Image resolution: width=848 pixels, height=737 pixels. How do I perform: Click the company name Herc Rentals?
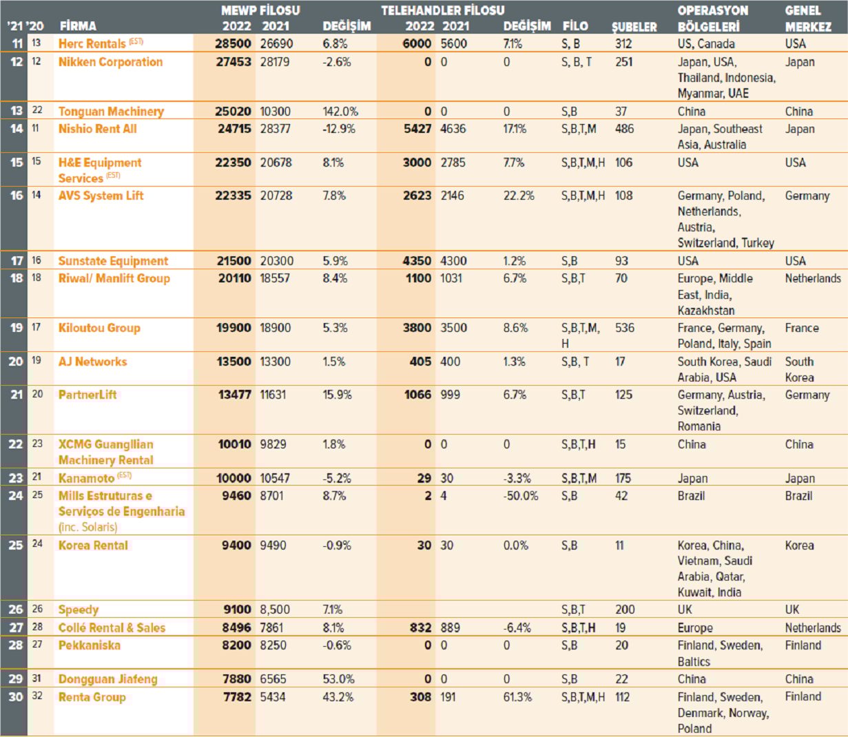click(92, 43)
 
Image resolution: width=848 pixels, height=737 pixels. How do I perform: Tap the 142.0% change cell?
click(340, 111)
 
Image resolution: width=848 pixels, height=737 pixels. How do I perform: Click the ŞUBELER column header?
click(634, 27)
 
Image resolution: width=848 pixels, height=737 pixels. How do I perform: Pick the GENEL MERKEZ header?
click(807, 19)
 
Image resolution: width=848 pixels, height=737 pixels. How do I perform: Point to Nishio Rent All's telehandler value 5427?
click(417, 129)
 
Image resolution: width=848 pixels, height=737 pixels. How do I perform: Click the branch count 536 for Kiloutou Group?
click(624, 328)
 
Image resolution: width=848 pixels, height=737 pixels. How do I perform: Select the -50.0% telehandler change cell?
click(521, 496)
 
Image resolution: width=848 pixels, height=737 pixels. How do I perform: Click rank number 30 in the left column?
click(16, 697)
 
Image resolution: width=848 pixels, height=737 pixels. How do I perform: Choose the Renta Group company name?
click(92, 697)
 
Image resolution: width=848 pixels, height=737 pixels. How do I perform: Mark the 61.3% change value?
click(517, 697)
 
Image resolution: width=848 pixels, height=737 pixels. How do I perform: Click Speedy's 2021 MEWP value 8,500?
click(275, 610)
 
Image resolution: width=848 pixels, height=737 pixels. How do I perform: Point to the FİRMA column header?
click(78, 26)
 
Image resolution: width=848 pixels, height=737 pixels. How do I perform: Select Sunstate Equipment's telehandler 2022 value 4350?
click(417, 261)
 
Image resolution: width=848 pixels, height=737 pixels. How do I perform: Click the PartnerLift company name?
click(87, 395)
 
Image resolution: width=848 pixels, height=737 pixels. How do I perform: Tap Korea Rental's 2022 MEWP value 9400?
click(236, 546)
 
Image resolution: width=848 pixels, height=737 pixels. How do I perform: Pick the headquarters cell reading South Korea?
click(799, 369)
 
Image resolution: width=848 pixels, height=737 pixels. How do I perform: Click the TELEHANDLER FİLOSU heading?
click(442, 10)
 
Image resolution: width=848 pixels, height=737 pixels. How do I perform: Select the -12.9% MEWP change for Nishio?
click(339, 129)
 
